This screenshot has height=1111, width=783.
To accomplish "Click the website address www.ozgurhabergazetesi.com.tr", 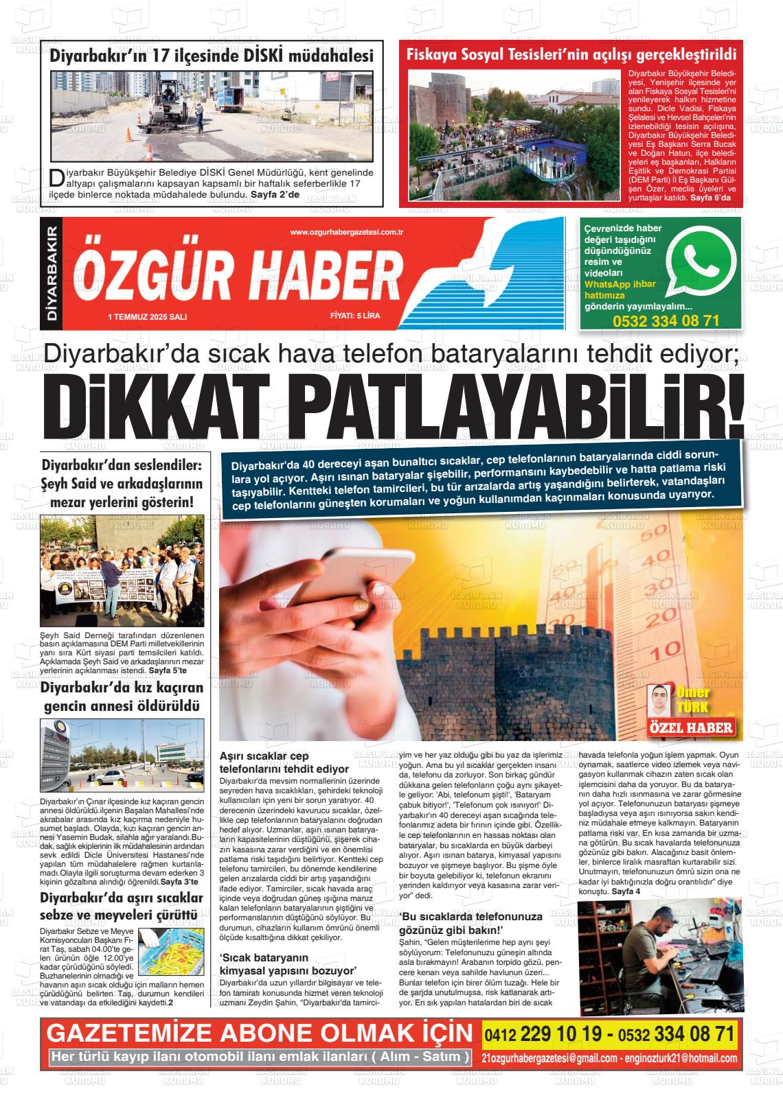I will pyautogui.click(x=346, y=233).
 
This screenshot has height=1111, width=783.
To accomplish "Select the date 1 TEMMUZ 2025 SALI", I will pyautogui.click(x=148, y=316).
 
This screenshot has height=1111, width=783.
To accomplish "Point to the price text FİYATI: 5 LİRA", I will pyautogui.click(x=355, y=316).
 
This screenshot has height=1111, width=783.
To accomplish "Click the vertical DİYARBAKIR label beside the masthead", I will pyautogui.click(x=50, y=273).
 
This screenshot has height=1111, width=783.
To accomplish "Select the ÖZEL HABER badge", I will pyautogui.click(x=692, y=728).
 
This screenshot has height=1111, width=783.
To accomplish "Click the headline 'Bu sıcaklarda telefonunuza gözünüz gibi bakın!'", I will pyautogui.click(x=470, y=922).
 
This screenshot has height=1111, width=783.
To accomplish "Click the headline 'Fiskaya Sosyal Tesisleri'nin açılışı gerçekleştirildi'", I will pyautogui.click(x=571, y=55).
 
